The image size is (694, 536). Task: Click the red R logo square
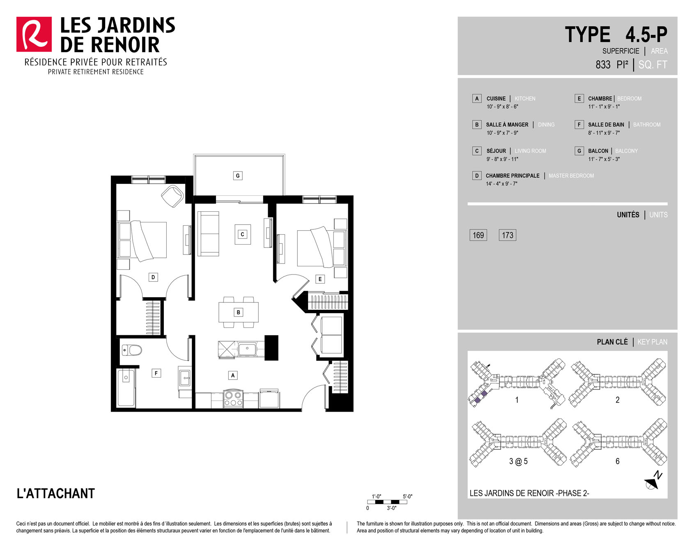[34, 34]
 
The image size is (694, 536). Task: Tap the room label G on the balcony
[238, 176]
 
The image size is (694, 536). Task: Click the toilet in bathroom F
[132, 350]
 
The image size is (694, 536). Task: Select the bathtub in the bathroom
[126, 388]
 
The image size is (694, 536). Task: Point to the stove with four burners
[233, 399]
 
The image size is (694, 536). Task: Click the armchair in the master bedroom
[172, 196]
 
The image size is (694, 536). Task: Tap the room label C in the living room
[242, 234]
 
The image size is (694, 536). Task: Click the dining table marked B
[239, 312]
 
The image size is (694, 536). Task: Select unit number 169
[478, 235]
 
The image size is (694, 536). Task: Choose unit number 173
[508, 235]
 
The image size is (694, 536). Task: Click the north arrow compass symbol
[653, 481]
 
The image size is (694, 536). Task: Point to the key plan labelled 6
[618, 443]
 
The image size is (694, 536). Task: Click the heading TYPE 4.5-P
[616, 34]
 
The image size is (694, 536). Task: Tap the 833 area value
[603, 65]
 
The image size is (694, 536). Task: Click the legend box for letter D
[477, 176]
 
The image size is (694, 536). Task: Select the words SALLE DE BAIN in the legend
[606, 125]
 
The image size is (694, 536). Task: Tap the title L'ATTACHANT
[56, 493]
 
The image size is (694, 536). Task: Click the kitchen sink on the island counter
[247, 349]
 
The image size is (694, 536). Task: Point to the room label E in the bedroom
[320, 279]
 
